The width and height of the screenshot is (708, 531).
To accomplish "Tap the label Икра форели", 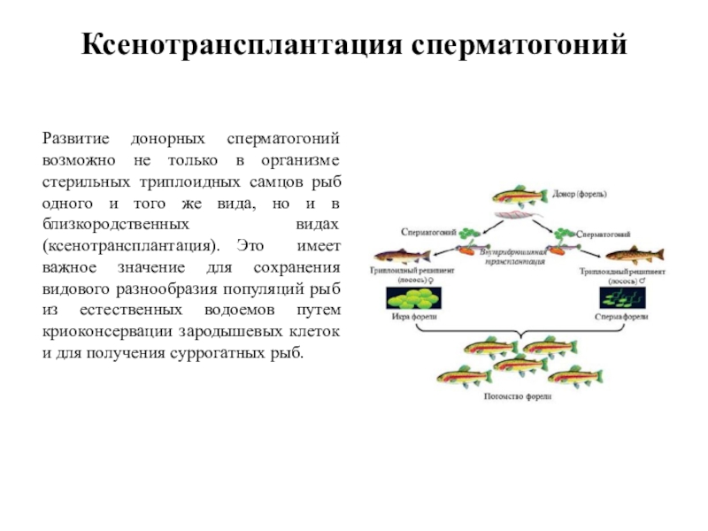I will (x=412, y=316).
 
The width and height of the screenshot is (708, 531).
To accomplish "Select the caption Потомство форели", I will (x=518, y=396).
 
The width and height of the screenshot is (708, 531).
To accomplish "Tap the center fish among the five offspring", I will (x=518, y=364).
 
